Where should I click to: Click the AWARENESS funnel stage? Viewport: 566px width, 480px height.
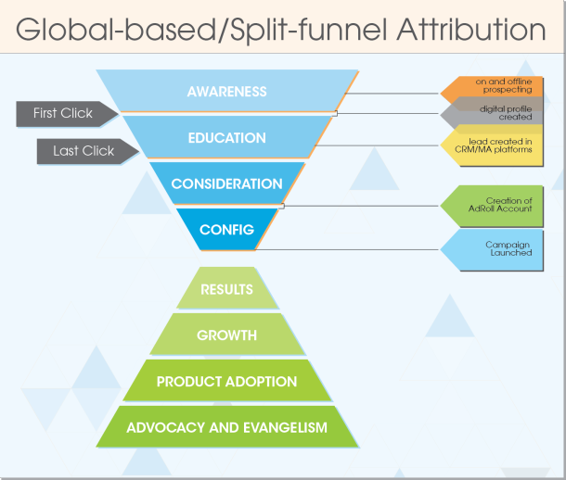[x=226, y=92]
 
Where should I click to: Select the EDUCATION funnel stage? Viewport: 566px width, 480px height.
[x=226, y=138]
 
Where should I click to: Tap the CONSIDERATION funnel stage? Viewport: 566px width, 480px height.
[x=226, y=183]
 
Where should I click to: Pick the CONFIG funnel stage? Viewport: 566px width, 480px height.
[x=226, y=230]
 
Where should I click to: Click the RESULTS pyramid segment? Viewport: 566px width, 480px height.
[x=226, y=289]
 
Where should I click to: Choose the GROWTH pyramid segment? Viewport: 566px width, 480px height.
[x=226, y=335]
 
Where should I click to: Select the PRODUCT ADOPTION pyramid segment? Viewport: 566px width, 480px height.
[x=226, y=381]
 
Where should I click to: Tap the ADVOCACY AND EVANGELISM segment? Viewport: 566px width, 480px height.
[x=226, y=427]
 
